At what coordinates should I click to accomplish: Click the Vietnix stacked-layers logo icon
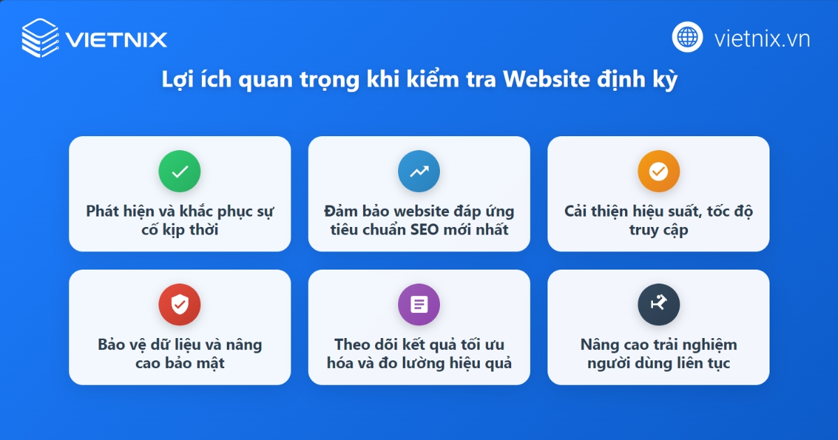[41, 37]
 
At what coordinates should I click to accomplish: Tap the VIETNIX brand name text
[117, 38]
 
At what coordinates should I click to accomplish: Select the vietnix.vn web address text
[762, 38]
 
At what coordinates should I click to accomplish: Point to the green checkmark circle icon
[179, 171]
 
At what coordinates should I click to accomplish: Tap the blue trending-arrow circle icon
[419, 171]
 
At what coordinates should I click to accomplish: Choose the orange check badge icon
[659, 171]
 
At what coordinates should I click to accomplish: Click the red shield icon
[179, 305]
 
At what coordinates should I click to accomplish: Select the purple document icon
[419, 305]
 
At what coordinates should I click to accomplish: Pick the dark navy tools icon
[659, 305]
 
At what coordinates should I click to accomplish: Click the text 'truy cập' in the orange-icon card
[659, 229]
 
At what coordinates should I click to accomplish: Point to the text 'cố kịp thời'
[179, 229]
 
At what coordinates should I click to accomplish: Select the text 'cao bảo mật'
[179, 363]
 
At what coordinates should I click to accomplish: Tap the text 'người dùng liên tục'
[659, 363]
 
